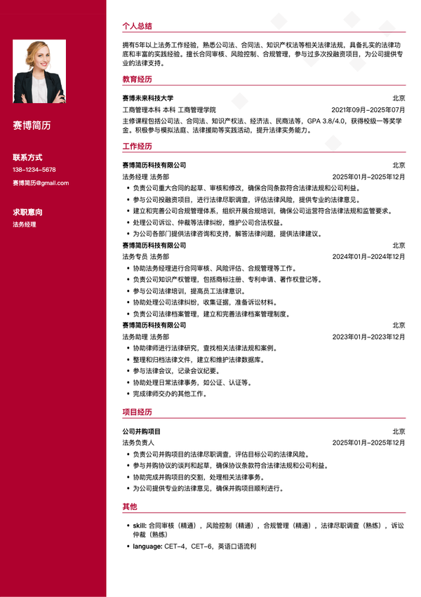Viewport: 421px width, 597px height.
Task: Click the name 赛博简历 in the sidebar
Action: click(x=32, y=126)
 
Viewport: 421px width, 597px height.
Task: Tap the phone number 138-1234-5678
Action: click(x=34, y=170)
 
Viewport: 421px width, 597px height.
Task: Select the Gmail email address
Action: click(x=41, y=183)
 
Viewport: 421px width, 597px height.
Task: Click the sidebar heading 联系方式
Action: click(x=27, y=156)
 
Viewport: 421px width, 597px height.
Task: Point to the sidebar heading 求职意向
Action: click(x=27, y=211)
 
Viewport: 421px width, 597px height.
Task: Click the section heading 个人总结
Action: click(x=137, y=25)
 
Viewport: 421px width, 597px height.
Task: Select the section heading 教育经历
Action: click(x=137, y=79)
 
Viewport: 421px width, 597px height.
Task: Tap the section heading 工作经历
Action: click(x=137, y=146)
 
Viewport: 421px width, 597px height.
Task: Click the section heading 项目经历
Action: click(x=137, y=412)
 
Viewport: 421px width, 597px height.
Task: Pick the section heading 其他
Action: click(x=129, y=506)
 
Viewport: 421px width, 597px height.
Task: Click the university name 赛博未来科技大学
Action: click(x=147, y=98)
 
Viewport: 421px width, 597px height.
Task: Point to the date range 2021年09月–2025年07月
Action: click(x=368, y=109)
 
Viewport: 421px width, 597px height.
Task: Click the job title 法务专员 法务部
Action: click(x=145, y=257)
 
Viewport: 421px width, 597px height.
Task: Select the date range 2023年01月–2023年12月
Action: click(x=368, y=337)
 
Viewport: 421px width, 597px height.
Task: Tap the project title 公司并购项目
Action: click(x=141, y=431)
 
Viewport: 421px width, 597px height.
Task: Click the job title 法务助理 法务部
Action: click(x=145, y=337)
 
